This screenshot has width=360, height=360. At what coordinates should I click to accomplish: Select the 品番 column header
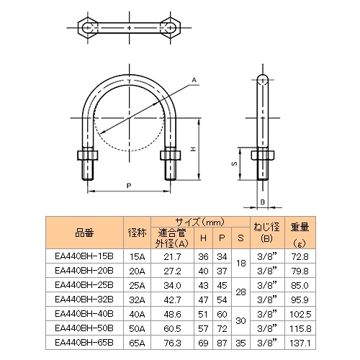click(84, 233)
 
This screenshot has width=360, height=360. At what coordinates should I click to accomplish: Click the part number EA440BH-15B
click(85, 256)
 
